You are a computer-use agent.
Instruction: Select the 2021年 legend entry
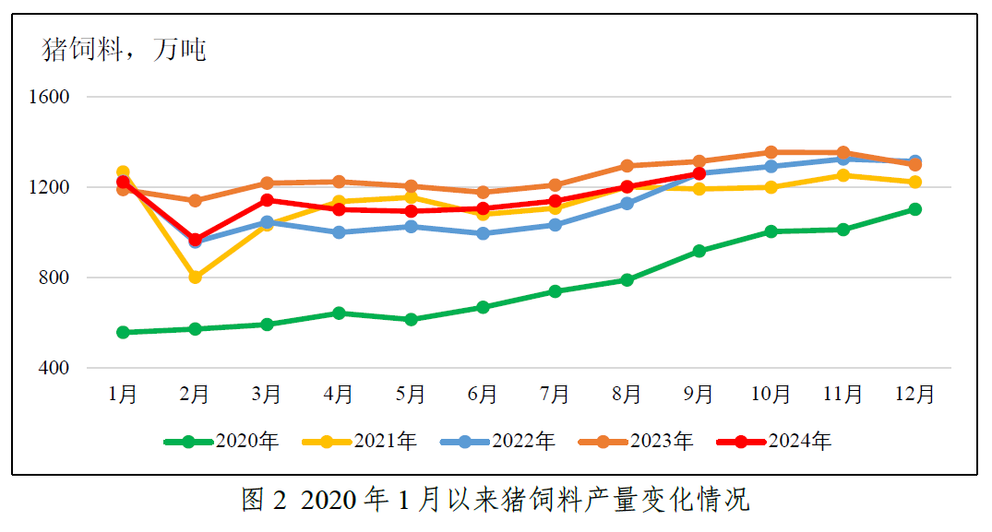360,442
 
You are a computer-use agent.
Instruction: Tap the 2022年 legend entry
498,442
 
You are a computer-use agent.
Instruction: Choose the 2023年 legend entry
637,442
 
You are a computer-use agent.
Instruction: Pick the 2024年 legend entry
775,442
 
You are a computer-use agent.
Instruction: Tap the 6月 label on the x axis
483,395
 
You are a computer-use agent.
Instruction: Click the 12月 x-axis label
914,395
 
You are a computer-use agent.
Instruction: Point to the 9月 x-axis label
699,395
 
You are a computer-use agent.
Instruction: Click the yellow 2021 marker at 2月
195,277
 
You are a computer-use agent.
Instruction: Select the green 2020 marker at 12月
914,209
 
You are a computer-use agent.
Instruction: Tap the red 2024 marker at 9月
699,173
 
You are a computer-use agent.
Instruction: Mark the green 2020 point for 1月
123,332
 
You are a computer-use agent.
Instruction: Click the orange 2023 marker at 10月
771,152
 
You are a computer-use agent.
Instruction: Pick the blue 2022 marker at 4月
339,232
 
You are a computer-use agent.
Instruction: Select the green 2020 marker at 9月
699,251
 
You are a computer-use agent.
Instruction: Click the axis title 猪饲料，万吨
125,50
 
